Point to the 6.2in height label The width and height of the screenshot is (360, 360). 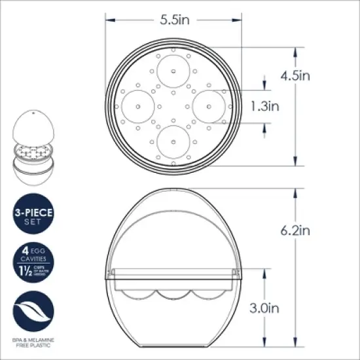pyautogui.click(x=296, y=230)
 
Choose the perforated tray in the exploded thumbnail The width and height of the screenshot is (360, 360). pyautogui.click(x=33, y=152)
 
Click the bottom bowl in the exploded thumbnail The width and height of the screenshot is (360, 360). pyautogui.click(x=33, y=173)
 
